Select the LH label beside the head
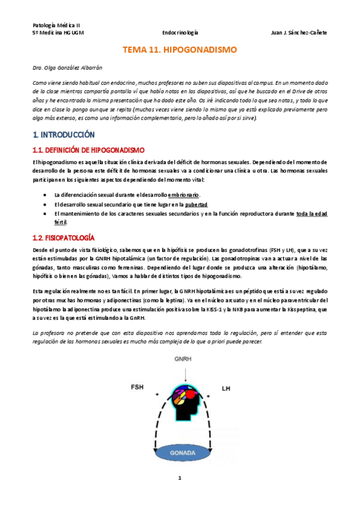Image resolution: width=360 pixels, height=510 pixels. pos(226,389)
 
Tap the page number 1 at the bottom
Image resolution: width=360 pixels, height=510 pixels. pos(179,495)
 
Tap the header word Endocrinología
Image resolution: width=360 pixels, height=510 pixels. pos(180,32)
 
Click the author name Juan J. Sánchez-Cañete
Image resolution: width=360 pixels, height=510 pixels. pos(299,32)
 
